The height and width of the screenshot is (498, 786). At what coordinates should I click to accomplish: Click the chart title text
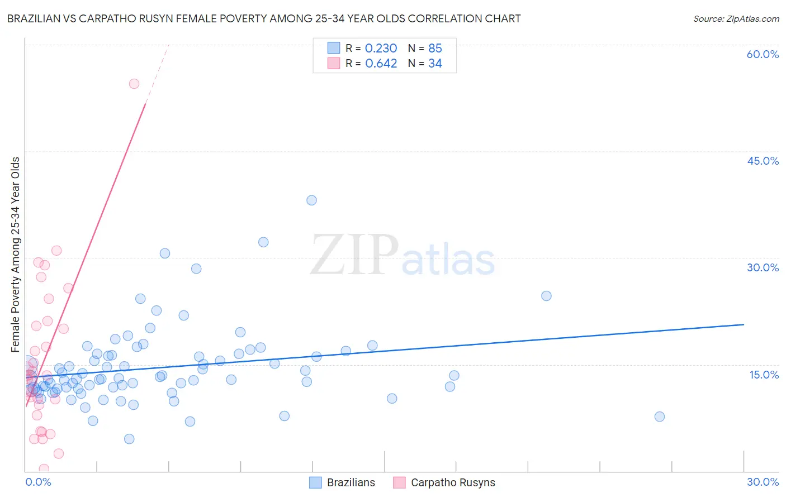(x=263, y=18)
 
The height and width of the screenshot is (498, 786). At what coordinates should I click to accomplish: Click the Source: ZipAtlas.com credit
(x=736, y=18)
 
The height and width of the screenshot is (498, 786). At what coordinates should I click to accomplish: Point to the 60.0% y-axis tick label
(x=763, y=54)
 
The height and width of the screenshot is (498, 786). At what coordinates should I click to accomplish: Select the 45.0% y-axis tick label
(x=763, y=161)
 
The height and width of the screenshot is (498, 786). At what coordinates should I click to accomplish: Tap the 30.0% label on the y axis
(x=763, y=267)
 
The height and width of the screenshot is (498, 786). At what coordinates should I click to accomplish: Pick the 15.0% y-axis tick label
(x=764, y=375)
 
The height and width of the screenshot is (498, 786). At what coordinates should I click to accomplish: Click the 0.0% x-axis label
(x=38, y=482)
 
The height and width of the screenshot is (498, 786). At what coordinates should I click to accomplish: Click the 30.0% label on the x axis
(x=763, y=482)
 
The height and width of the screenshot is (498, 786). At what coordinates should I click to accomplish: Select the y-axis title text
(x=16, y=255)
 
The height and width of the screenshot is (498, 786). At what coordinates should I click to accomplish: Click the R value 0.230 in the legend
(x=381, y=49)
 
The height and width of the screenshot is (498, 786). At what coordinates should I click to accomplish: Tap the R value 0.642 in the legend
(x=381, y=64)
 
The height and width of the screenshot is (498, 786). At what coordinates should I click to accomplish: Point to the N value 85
(x=435, y=49)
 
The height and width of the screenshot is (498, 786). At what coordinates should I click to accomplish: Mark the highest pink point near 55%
(x=134, y=84)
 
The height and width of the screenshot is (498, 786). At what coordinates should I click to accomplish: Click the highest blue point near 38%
(x=311, y=200)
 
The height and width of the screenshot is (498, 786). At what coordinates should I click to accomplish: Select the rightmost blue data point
(x=659, y=416)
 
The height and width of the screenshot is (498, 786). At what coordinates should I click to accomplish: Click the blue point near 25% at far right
(x=546, y=296)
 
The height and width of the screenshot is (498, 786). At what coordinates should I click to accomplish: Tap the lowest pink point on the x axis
(x=44, y=469)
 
